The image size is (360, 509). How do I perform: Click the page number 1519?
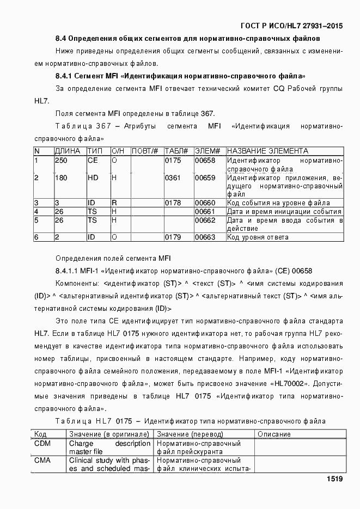334,479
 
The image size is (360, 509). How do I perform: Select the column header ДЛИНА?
68,151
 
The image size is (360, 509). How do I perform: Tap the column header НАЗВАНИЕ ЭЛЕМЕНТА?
267,151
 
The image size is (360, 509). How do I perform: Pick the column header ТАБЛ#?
176,151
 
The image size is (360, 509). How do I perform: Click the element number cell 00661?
205,212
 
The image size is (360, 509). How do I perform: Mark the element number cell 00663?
205,237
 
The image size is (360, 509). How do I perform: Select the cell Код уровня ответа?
258,237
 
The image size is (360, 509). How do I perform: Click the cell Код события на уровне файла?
278,203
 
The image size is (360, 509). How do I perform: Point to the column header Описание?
274,434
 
